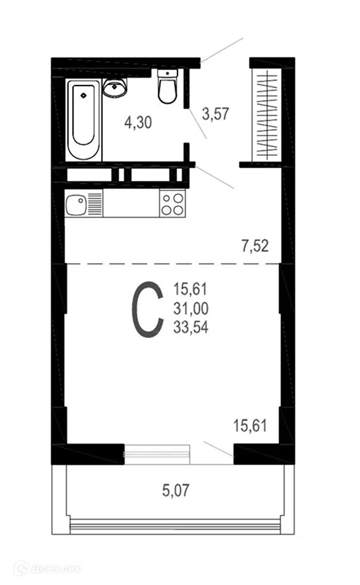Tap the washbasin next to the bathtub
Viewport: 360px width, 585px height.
115,89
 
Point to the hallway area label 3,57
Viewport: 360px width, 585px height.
215,114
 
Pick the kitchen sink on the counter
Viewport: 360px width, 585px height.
77,205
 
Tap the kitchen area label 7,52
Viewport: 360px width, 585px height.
255,245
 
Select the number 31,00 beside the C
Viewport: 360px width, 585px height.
193,308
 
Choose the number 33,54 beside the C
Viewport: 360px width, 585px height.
193,326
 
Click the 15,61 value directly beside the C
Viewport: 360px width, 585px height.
193,290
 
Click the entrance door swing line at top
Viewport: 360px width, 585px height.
222,48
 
